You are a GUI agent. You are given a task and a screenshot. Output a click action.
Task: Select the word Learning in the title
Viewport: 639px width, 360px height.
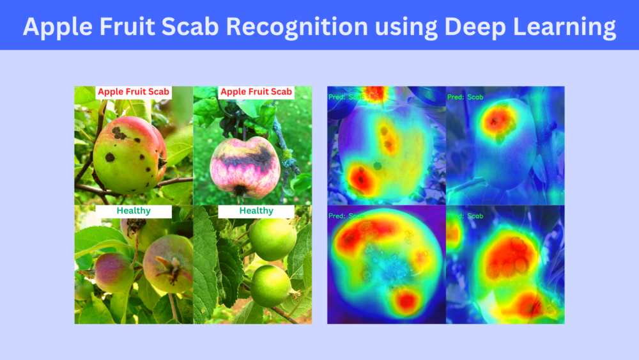562,27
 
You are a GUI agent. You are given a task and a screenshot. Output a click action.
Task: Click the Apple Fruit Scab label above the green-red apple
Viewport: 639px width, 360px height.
133,92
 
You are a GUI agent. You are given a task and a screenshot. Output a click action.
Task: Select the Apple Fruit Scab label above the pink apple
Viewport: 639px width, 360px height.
256,92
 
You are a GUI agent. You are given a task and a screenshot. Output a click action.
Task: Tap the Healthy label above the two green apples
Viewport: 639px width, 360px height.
256,211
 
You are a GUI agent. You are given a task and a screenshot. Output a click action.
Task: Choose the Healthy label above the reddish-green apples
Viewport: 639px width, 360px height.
134,211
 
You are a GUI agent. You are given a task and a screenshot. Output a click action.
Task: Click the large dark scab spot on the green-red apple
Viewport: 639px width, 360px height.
118,133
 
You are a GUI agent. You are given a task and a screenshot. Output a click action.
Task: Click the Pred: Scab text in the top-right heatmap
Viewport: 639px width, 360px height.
465,97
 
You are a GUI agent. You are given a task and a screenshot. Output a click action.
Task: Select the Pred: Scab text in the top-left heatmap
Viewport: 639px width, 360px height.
346,97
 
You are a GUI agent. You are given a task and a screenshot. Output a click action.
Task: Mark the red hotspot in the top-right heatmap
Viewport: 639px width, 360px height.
498,120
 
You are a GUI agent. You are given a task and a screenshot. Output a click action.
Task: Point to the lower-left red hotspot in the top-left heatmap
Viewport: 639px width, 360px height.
361,178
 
